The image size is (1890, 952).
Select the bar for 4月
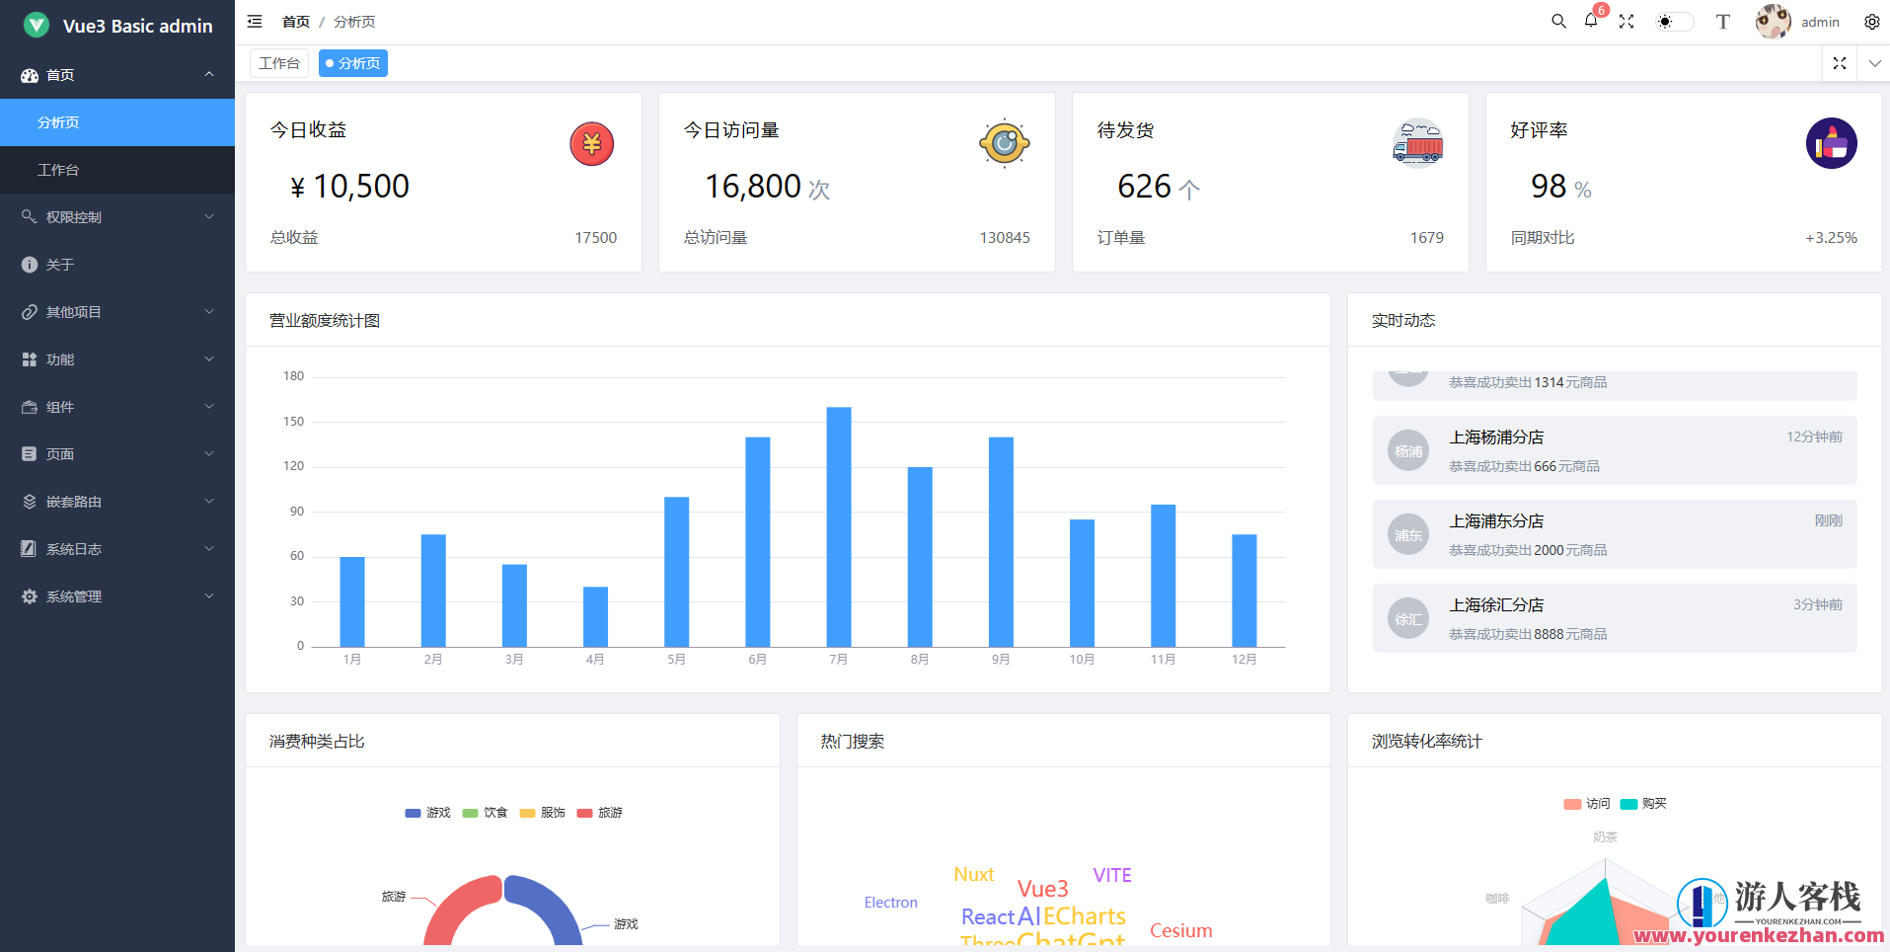595,616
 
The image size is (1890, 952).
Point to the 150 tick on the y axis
293,422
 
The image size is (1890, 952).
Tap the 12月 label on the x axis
1244,660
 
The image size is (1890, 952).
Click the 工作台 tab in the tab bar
279,63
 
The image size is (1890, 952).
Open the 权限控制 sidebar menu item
74,217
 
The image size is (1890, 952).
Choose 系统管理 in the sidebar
74,596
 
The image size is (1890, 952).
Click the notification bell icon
1591,21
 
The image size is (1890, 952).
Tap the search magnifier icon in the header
1558,21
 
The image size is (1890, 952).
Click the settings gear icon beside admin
1871,22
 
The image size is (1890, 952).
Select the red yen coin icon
591,144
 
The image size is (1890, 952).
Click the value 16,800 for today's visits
752,187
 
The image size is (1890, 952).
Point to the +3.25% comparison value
1831,238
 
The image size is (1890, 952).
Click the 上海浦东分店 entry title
1496,521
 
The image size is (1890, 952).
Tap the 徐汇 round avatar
1408,619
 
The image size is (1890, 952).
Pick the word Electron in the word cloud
890,903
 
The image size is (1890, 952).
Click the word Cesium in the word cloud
1180,931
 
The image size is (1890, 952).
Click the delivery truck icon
1418,144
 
